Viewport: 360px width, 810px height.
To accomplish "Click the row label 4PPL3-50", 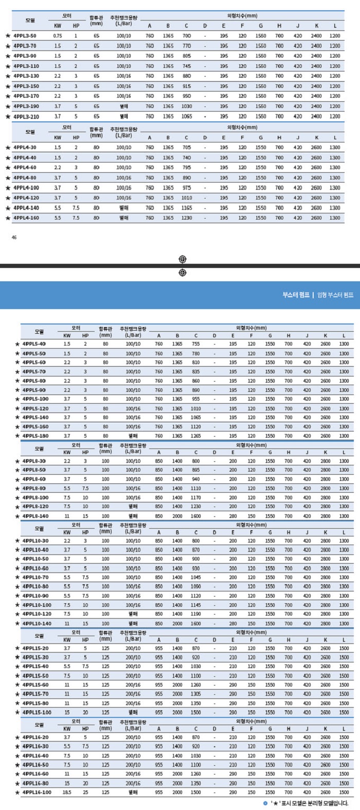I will [x=24, y=36].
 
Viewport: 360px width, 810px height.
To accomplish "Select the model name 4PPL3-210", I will [x=25, y=116].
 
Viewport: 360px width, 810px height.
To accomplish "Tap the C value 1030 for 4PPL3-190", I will [x=187, y=106].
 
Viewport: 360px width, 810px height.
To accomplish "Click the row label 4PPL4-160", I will [x=25, y=218].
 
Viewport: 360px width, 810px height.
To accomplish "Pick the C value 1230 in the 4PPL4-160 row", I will [x=187, y=218].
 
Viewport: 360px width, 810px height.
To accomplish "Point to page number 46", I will [x=14, y=238].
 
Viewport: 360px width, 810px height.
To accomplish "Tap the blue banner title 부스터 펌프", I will [x=296, y=295].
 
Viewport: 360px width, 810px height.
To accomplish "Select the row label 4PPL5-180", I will [x=34, y=436].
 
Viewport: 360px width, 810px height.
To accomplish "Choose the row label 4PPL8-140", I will [x=34, y=516].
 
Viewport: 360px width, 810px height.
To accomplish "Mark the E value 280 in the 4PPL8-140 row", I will [x=233, y=516].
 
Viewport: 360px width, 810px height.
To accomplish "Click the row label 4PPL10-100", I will [x=37, y=605].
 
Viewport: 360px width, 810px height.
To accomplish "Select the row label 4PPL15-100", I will [x=37, y=712].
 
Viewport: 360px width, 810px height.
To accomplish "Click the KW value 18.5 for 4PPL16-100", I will [x=67, y=792].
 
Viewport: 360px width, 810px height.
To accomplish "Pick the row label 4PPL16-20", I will [x=35, y=737].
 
